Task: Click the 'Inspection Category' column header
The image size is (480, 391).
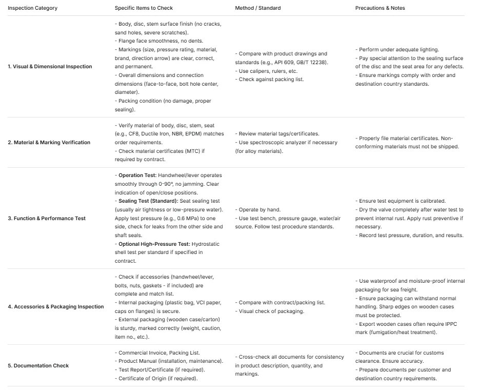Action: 32,8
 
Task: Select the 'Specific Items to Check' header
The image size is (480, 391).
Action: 144,8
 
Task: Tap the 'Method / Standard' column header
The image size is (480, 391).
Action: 257,8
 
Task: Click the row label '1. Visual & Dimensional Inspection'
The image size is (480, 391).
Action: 50,67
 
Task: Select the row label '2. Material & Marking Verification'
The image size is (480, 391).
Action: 49,143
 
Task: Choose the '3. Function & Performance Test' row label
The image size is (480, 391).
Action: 46,219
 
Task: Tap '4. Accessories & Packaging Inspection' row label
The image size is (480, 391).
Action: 55,307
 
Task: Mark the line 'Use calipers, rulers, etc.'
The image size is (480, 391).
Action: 268,71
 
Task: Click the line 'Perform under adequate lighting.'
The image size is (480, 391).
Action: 398,50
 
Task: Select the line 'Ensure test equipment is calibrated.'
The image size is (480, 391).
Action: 402,201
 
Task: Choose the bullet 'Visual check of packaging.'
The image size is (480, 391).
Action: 272,311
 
